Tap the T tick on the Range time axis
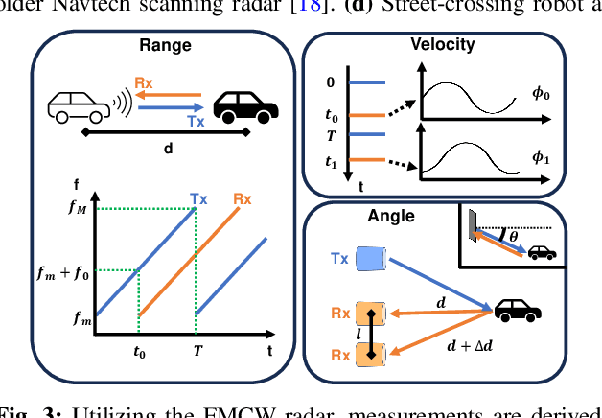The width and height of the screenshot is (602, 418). click(197, 350)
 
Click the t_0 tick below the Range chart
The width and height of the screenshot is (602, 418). click(139, 351)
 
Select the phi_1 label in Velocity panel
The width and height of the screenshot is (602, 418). click(541, 158)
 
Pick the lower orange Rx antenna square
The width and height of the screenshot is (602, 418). click(370, 354)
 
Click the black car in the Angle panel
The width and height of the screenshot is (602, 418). click(517, 310)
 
